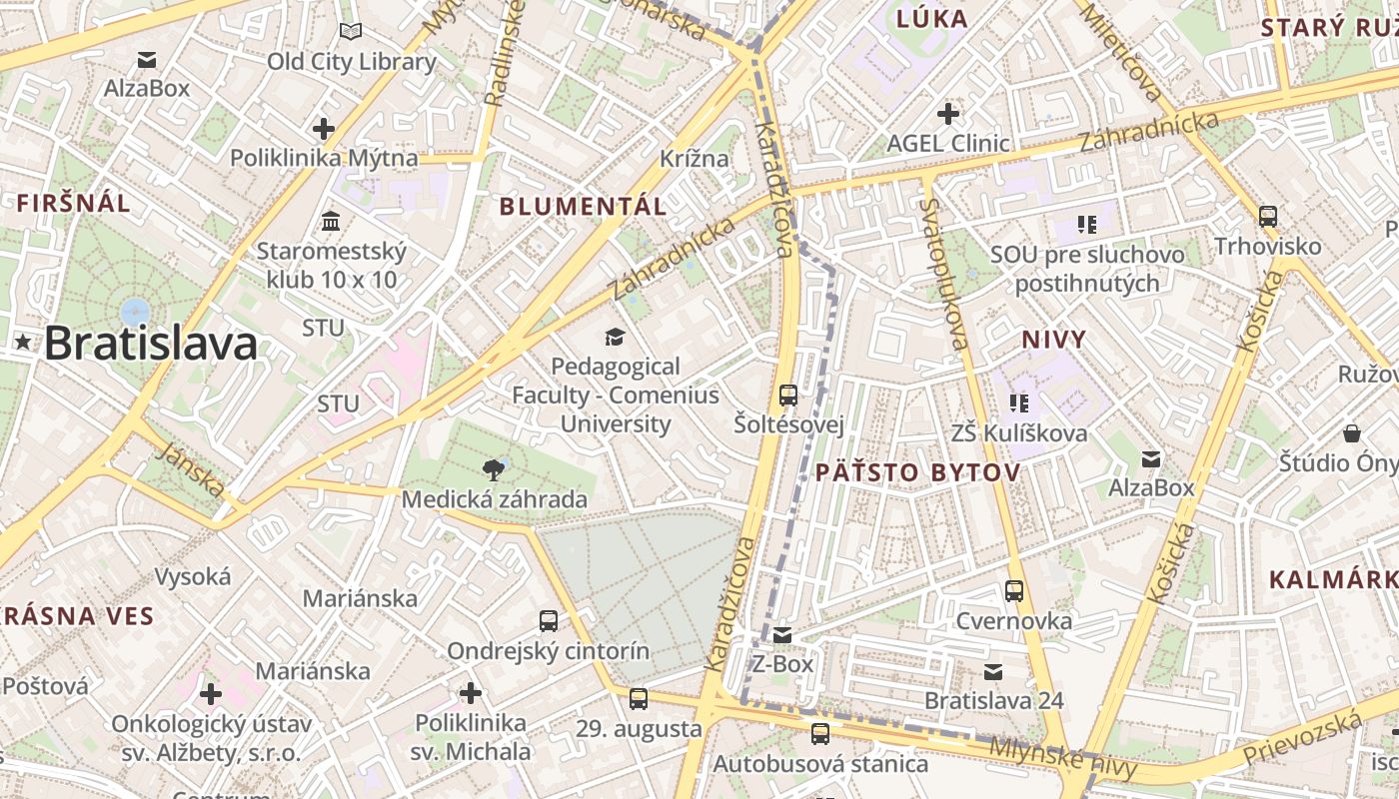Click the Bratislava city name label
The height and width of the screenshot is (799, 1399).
tap(151, 344)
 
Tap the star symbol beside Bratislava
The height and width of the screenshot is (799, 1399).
tap(23, 343)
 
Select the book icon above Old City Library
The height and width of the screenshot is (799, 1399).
tap(351, 32)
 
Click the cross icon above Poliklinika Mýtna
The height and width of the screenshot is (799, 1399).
tap(323, 129)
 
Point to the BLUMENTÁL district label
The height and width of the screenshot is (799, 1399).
tap(583, 207)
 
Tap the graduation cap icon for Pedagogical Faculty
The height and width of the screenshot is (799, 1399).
tap(615, 338)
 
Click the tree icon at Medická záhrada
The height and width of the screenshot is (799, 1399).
tap(493, 469)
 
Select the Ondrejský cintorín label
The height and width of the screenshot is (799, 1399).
tap(548, 651)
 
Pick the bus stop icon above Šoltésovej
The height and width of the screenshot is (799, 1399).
tap(788, 396)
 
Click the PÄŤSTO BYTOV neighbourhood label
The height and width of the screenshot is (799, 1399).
tap(917, 472)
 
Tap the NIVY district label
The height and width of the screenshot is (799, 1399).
tap(1053, 340)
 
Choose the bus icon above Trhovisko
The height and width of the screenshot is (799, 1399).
tap(1268, 216)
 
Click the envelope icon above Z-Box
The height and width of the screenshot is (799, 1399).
tap(782, 634)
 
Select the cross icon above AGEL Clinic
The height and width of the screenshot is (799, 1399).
tap(948, 114)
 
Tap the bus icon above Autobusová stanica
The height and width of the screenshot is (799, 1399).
tap(820, 734)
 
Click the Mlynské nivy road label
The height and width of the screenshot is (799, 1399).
tap(1063, 758)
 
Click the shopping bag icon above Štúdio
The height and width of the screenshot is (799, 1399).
tap(1352, 433)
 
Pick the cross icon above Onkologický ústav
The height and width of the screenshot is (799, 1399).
tap(210, 693)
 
